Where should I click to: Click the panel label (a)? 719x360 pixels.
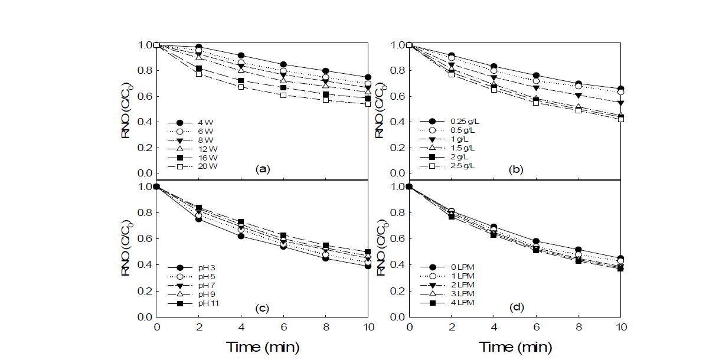click(263, 169)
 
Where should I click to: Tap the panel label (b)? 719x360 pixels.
click(517, 169)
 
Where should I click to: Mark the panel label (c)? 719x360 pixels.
click(263, 307)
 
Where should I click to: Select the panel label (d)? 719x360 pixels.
click(517, 307)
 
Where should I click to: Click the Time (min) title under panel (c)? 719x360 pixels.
click(262, 346)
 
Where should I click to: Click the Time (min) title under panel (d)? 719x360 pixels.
click(515, 346)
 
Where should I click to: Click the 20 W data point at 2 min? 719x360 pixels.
click(199, 74)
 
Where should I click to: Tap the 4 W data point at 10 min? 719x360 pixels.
click(368, 77)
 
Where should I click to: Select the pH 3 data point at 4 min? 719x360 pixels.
click(241, 236)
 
